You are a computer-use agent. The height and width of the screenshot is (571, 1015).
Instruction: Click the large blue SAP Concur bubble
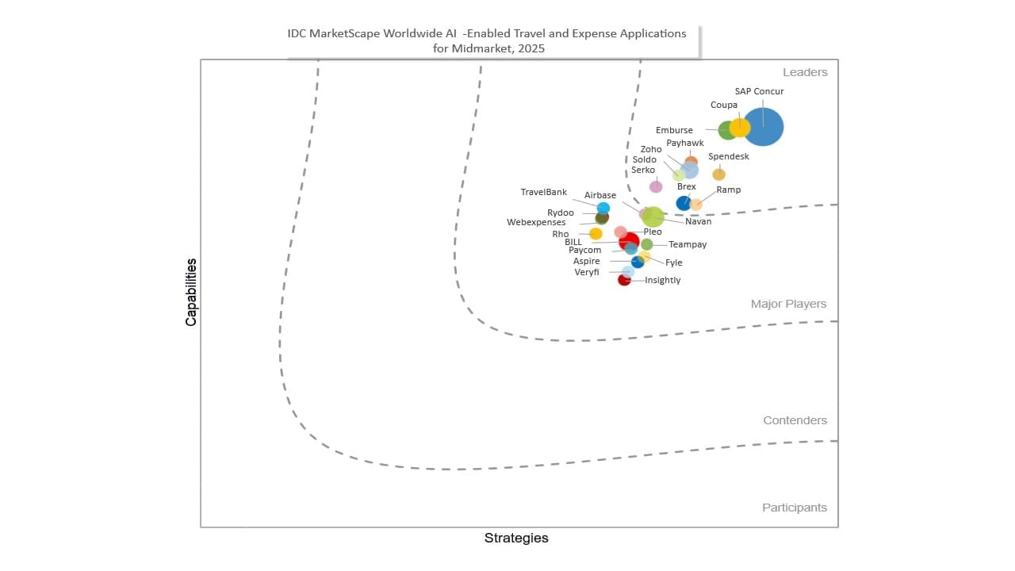(764, 127)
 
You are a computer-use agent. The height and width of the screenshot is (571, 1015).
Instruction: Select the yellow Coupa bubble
(740, 128)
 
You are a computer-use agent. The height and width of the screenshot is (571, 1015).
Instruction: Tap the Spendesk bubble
(718, 174)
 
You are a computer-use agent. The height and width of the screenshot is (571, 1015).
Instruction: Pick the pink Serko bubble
(656, 186)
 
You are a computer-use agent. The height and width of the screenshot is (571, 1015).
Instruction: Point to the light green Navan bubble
(653, 217)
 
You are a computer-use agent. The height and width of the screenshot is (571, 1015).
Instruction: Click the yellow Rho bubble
(596, 234)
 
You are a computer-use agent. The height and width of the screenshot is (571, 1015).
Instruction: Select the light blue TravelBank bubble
(603, 209)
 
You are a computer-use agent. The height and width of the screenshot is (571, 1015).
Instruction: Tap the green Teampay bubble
(647, 244)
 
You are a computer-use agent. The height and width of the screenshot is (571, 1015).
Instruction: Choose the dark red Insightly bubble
(624, 280)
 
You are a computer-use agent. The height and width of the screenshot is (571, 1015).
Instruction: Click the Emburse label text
(674, 130)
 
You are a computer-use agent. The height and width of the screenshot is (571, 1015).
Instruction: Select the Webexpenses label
(536, 223)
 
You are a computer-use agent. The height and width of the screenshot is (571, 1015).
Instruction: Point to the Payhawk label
(685, 144)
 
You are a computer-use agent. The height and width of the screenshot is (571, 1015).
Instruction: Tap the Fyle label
(673, 263)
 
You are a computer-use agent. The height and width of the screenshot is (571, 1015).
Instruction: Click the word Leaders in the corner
(805, 72)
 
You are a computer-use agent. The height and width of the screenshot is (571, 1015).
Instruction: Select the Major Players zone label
(788, 304)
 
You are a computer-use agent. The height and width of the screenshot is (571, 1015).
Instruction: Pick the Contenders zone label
(795, 420)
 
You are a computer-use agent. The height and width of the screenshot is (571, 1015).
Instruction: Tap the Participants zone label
(795, 508)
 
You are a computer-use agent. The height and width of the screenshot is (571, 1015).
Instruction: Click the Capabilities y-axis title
(191, 292)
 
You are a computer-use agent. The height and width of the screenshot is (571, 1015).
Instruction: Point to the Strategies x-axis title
(516, 538)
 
